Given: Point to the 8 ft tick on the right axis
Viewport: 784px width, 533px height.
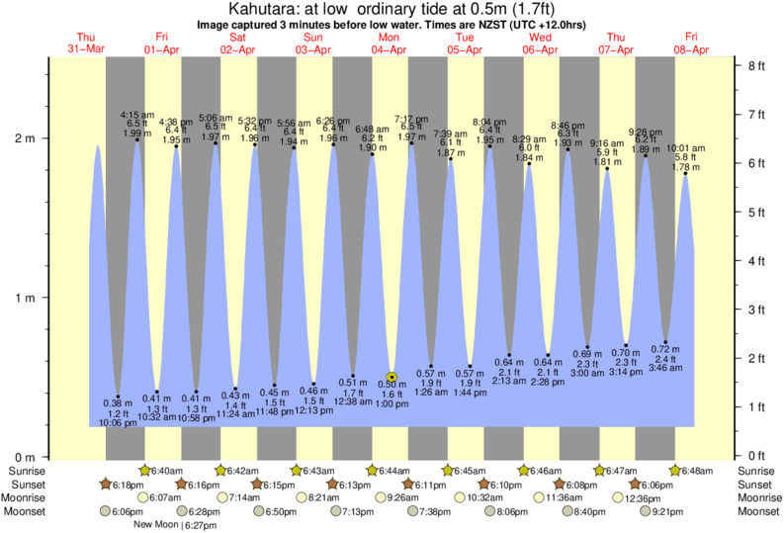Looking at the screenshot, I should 756,66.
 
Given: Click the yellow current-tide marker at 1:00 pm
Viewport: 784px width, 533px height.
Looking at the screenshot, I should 392,377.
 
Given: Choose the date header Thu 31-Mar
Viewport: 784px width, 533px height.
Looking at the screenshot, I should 87,43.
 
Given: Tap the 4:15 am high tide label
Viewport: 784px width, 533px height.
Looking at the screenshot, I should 137,115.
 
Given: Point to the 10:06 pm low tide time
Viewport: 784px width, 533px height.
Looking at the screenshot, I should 119,423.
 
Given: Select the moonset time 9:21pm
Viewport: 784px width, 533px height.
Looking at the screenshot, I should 668,512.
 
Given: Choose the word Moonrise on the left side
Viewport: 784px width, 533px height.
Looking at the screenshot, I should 28,498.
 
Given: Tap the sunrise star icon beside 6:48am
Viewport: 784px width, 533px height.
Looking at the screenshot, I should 676,471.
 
